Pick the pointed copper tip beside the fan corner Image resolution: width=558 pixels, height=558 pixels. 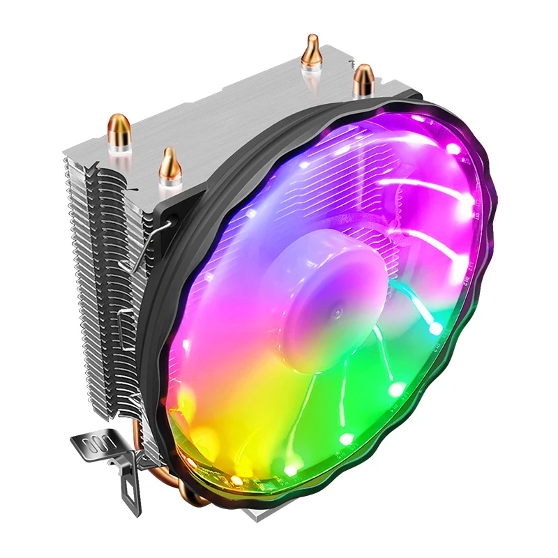(x=168, y=163)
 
